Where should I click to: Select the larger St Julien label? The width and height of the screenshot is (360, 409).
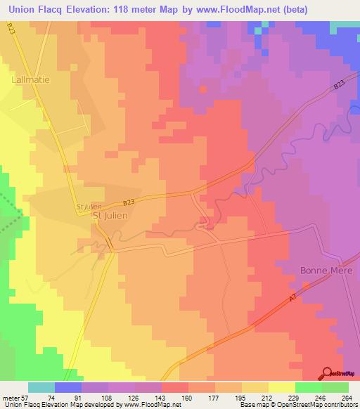tap(110, 216)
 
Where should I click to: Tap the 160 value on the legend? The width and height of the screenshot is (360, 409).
tap(187, 397)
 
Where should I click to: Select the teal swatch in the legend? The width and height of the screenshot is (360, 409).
tap(41, 387)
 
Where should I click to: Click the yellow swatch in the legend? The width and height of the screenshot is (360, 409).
tap(282, 387)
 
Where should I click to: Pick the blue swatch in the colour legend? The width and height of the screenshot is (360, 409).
tap(68, 387)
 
